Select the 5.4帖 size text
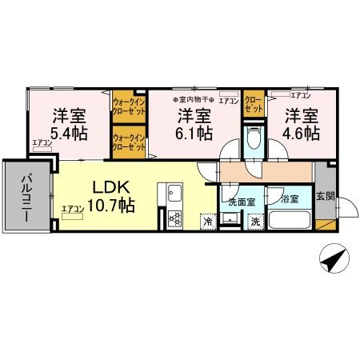[70, 132]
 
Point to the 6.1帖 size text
[194, 132]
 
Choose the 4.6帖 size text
[302, 132]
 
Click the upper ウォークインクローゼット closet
[128, 107]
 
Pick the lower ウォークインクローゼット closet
[128, 142]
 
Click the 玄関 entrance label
[325, 197]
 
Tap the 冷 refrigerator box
[207, 221]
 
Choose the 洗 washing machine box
[255, 222]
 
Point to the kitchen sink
[176, 194]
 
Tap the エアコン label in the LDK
[72, 210]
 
